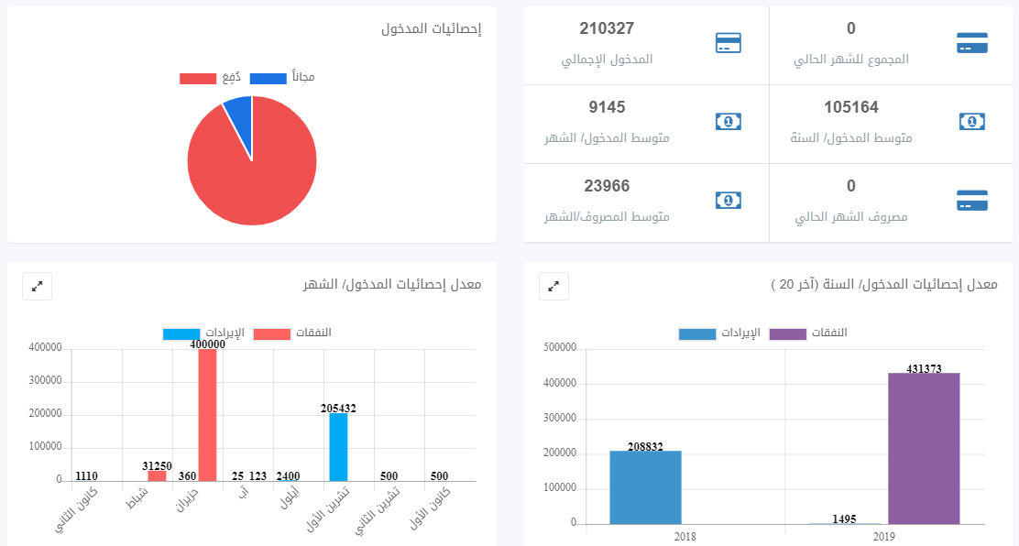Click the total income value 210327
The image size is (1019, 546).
(x=607, y=28)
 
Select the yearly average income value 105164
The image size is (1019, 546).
(x=850, y=107)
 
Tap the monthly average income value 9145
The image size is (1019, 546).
(x=607, y=107)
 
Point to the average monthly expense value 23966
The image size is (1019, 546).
(x=607, y=186)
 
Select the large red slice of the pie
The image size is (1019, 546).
(x=252, y=169)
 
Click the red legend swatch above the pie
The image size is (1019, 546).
(x=198, y=79)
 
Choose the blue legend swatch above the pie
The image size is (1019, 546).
(x=268, y=79)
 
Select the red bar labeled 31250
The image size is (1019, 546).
(x=158, y=475)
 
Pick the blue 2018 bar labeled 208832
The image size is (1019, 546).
(x=645, y=487)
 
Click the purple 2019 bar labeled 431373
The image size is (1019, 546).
(x=924, y=448)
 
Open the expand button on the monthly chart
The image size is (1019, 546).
(x=38, y=286)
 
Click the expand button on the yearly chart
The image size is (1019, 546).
(x=553, y=286)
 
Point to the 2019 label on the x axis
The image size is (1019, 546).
(x=883, y=537)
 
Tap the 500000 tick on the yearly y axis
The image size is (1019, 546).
(x=560, y=348)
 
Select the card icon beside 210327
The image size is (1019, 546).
(x=728, y=43)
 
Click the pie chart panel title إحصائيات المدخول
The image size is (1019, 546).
(x=431, y=28)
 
